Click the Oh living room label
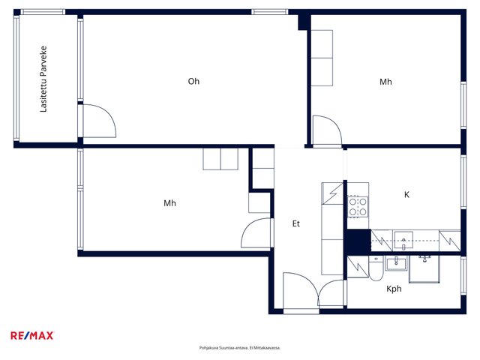coord(193,81)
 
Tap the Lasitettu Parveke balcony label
coord(43,79)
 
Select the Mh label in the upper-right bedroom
coord(385,82)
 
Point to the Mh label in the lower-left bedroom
coord(169,203)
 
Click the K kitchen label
coord(406,194)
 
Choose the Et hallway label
coord(295,223)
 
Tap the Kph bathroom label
coord(394,289)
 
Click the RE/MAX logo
coord(32,335)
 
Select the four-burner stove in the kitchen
coord(358,207)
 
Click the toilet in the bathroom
coord(376,268)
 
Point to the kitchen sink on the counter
coord(403,241)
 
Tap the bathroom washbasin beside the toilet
coord(396,263)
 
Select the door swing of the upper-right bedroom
coord(327,130)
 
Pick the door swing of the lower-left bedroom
coord(256,232)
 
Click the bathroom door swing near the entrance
coord(331,293)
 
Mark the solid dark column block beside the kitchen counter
coord(358,242)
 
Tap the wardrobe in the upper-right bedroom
coord(322,58)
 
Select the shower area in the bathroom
coord(424,268)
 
